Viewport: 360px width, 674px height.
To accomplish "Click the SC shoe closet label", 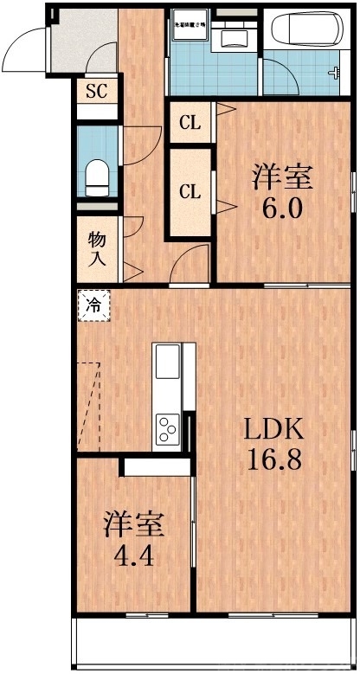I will click(95, 90).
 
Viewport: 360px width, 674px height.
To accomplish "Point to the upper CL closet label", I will click(190, 124).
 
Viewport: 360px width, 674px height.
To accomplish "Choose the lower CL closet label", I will click(190, 192).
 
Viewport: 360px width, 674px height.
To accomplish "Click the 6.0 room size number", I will click(282, 209).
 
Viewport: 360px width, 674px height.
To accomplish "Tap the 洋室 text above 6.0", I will click(282, 177).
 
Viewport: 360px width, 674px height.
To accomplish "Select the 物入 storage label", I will click(97, 248).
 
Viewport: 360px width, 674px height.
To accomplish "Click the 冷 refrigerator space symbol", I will click(94, 305).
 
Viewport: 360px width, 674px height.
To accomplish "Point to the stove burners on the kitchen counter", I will click(167, 427).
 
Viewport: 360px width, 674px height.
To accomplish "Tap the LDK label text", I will click(271, 428).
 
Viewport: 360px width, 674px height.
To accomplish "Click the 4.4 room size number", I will click(134, 555).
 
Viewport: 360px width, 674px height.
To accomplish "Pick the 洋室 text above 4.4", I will click(134, 525).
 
